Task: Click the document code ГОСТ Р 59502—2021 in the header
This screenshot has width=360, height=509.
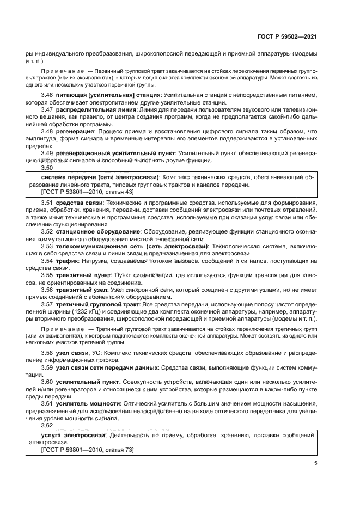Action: pyautogui.click(x=287, y=36)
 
